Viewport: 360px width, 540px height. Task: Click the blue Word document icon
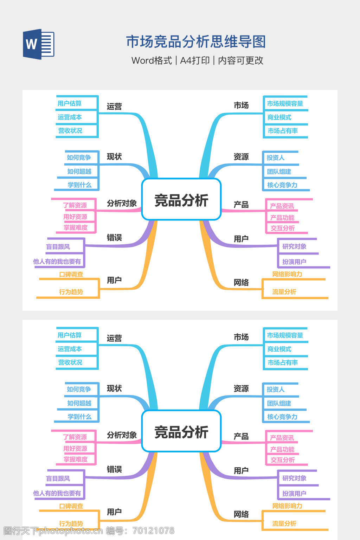[x=39, y=44]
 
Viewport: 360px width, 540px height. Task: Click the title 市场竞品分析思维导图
[x=196, y=42]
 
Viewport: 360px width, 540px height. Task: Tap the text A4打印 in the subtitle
[x=195, y=60]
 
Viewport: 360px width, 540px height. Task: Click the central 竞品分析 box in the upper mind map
[x=181, y=200]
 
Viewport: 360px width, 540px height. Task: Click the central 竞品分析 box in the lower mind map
[x=181, y=431]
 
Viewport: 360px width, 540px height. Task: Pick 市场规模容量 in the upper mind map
[x=285, y=104]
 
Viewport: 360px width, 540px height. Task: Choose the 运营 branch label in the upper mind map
[x=114, y=107]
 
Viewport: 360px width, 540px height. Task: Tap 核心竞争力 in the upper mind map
[x=282, y=185]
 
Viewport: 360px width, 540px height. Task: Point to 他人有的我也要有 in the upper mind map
[x=57, y=262]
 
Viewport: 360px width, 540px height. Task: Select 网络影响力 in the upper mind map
[x=287, y=274]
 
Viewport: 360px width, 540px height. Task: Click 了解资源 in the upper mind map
[x=75, y=205]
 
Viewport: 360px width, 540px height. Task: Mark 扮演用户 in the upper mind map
[x=294, y=262]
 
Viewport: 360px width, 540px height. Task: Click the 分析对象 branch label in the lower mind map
[x=122, y=435]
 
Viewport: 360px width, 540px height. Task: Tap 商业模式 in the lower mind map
[x=279, y=349]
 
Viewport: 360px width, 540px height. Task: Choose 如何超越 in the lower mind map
[x=79, y=403]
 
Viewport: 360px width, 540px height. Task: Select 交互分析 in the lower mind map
[x=282, y=460]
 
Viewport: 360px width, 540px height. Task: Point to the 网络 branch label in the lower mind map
[x=241, y=514]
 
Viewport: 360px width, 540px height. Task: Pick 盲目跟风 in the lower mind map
[x=58, y=478]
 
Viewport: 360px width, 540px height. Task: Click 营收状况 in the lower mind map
[x=70, y=362]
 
